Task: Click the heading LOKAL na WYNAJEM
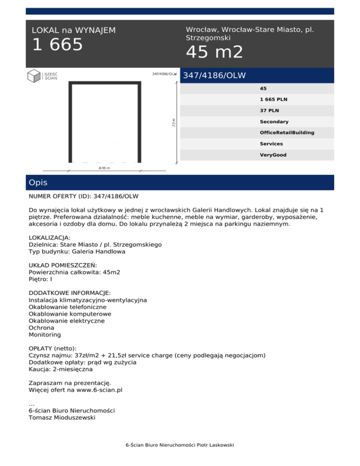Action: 73,30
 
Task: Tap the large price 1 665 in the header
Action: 57,45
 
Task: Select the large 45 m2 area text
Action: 214,52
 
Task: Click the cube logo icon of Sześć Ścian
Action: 34,76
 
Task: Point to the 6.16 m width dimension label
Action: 104,167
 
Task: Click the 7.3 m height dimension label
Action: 173,122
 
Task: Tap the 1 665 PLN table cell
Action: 274,100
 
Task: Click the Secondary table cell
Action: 274,122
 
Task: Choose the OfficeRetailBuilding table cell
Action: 287,133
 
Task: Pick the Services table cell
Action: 271,144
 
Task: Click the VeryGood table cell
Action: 273,155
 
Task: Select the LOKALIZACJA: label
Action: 50,238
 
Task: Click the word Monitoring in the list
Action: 45,335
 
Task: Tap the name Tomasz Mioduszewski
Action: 61,417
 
